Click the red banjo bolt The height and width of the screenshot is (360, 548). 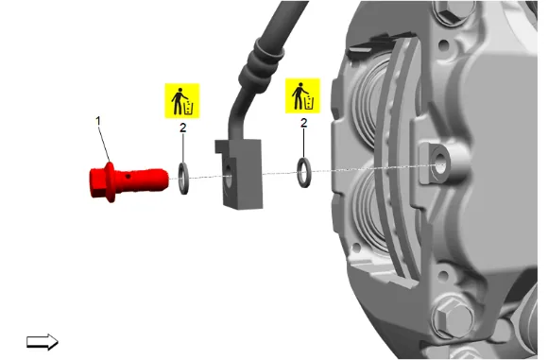128,181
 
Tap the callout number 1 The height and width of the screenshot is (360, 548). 98,121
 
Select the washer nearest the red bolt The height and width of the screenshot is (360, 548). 183,179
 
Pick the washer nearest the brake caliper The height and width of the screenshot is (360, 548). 303,172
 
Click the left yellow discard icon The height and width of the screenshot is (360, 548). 182,101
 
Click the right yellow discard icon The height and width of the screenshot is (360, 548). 302,95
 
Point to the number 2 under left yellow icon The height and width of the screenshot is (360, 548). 182,128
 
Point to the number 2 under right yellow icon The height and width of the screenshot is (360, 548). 303,123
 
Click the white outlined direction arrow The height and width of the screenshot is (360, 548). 43,341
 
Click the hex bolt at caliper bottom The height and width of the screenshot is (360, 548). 452,318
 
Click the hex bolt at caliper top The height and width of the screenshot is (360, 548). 453,10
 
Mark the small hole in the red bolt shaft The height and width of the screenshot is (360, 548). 128,177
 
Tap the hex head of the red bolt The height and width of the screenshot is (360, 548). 99,182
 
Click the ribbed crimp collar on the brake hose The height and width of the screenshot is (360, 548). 261,66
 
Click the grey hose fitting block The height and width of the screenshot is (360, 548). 239,174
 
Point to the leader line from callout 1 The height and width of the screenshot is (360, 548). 104,145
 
